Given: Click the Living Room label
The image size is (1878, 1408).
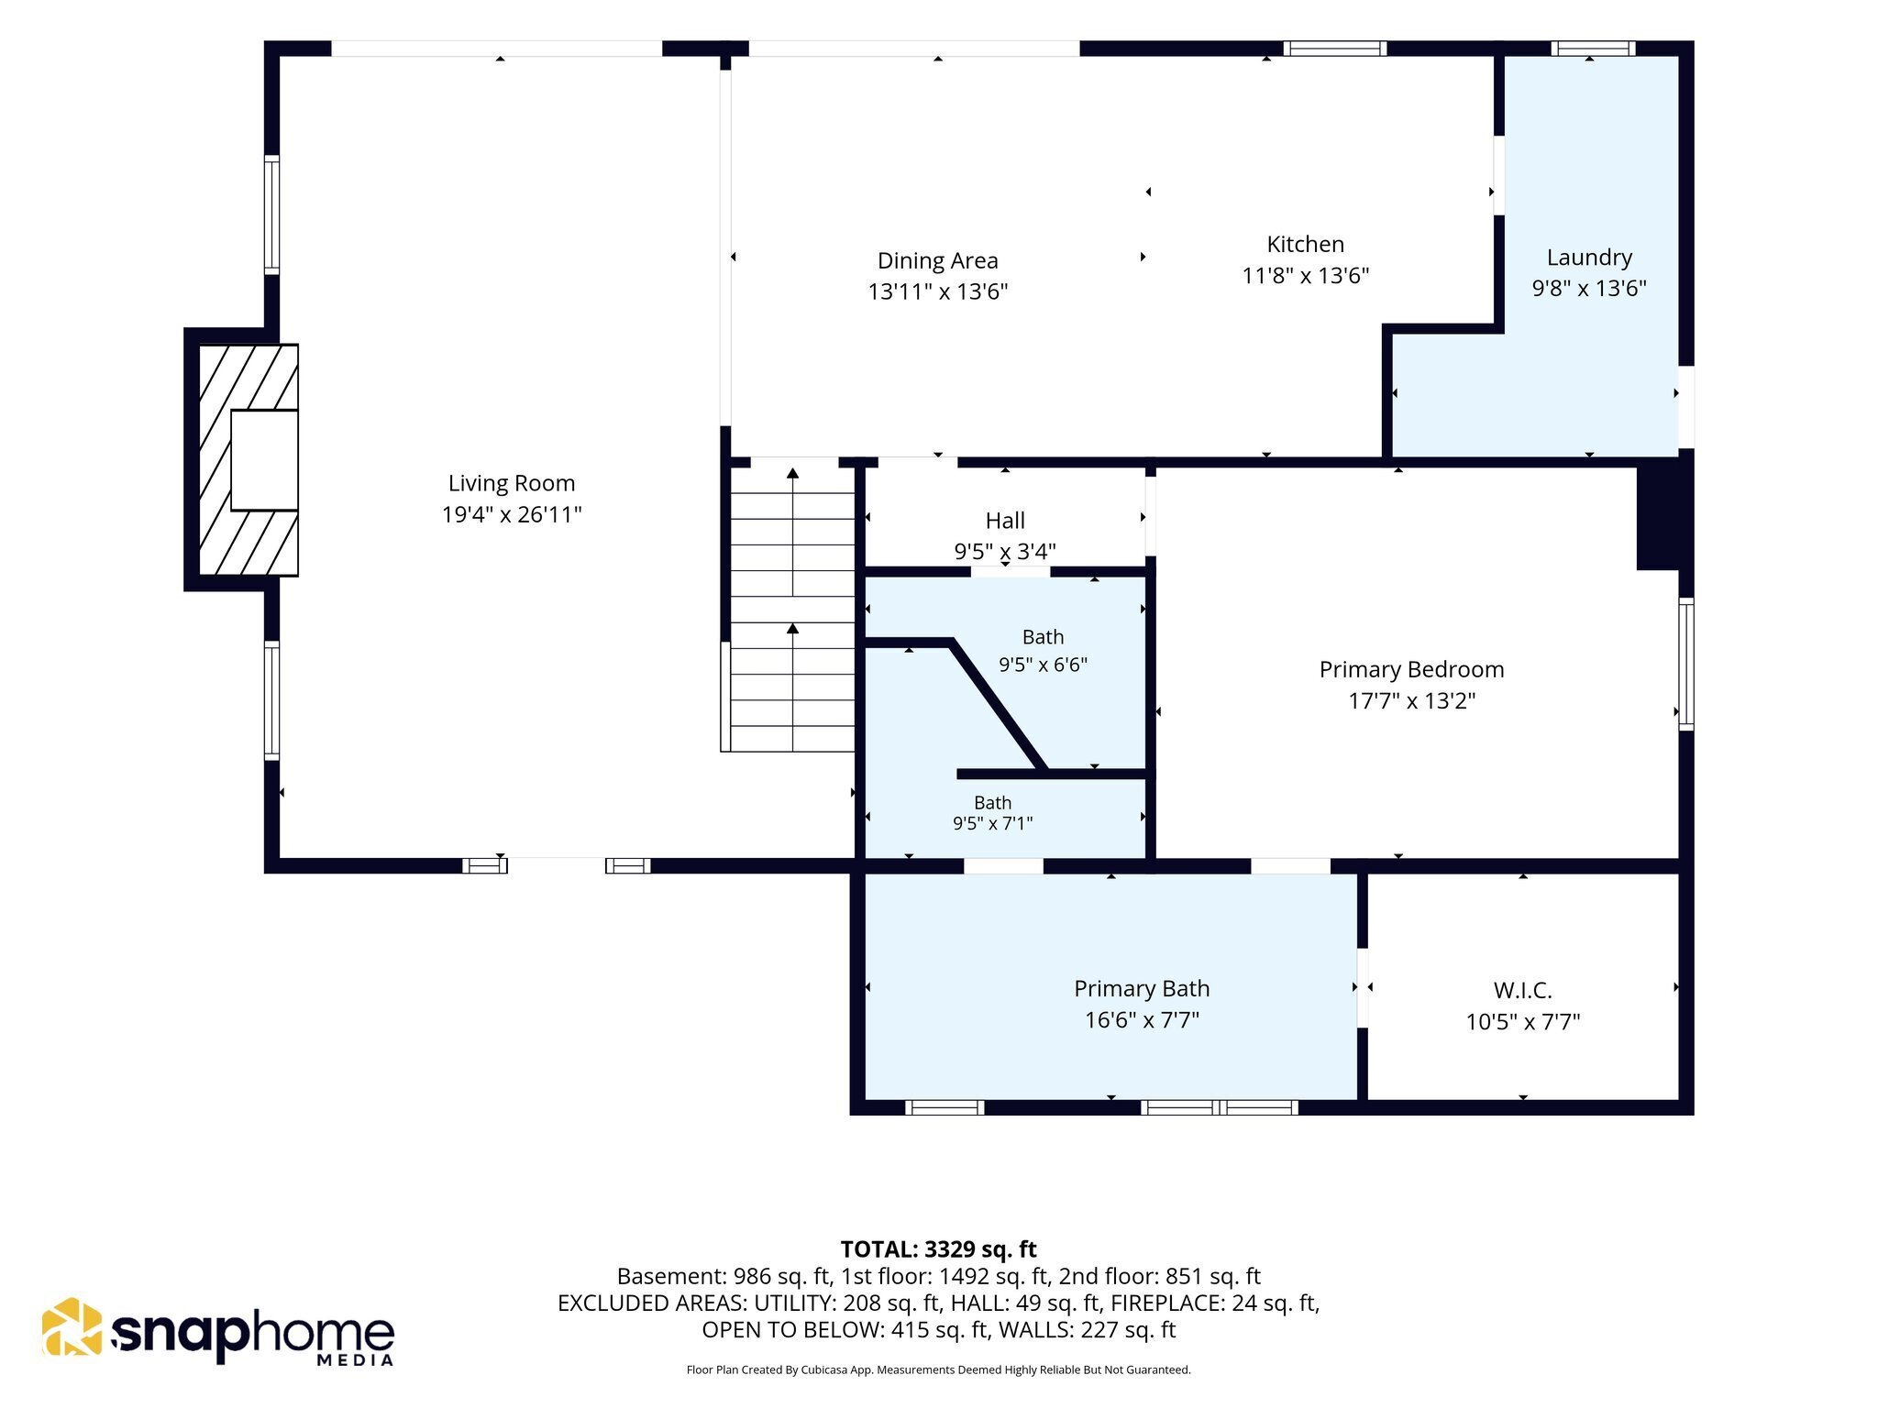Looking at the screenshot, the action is tap(512, 483).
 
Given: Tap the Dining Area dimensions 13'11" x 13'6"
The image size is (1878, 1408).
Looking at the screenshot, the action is tap(938, 291).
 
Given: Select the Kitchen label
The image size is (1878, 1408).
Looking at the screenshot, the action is tap(1306, 244).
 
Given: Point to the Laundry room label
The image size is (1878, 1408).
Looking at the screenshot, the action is tap(1589, 258).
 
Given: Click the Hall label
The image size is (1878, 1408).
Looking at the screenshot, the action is tap(1005, 521).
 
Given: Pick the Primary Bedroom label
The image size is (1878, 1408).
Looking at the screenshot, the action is tap(1411, 669).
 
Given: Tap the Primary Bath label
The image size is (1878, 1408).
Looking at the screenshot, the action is tap(1142, 988).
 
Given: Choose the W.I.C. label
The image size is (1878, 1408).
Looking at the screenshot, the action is tap(1522, 990).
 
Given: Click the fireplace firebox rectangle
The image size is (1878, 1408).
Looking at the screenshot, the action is tap(264, 460).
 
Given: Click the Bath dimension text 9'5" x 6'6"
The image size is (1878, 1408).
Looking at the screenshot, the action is tap(1043, 664).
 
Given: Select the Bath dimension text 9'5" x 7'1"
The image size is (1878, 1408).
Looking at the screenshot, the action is tap(992, 823).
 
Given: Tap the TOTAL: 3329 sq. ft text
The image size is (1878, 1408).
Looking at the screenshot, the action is tap(938, 1249).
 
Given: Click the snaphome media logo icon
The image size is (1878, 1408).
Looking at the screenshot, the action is tap(72, 1326).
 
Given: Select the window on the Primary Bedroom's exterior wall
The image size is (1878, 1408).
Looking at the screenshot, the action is tap(1685, 664).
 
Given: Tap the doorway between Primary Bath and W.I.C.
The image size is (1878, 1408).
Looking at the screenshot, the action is tap(1363, 988).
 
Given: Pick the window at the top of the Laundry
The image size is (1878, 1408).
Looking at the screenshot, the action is tap(1593, 49).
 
